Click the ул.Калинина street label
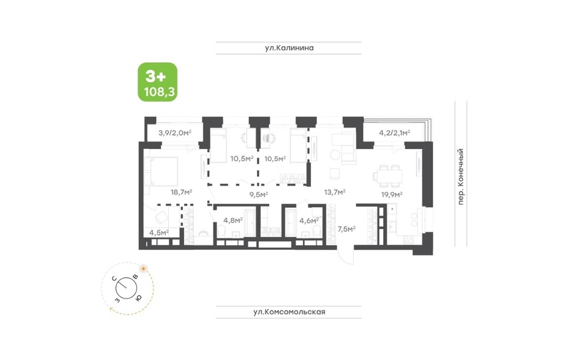[289, 48]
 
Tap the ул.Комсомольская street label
[289, 312]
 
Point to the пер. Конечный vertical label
[461, 176]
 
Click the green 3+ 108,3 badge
[158, 82]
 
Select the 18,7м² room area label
[182, 192]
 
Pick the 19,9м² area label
[392, 194]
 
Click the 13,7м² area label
[334, 192]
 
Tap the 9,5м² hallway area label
[259, 194]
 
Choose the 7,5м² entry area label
[346, 229]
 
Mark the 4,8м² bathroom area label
[233, 220]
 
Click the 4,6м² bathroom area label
[309, 220]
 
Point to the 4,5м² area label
[159, 232]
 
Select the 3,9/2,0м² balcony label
[175, 133]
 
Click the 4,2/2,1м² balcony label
[394, 133]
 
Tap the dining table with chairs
[387, 176]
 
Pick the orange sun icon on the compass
[144, 268]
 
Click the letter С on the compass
[113, 279]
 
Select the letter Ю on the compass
[138, 298]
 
